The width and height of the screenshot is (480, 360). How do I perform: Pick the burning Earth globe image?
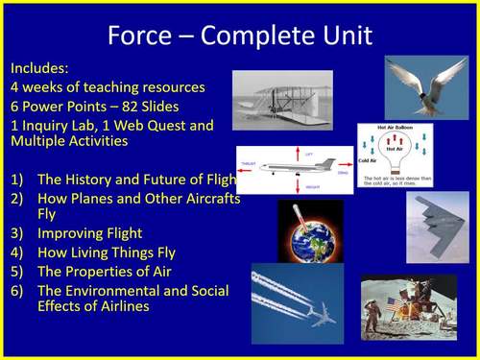[x=310, y=231]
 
